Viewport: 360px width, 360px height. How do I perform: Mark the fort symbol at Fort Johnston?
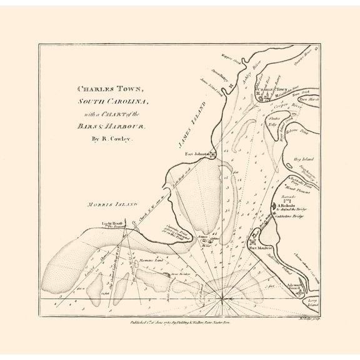[x=213, y=154]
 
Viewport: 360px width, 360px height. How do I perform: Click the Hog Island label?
[x=303, y=161]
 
